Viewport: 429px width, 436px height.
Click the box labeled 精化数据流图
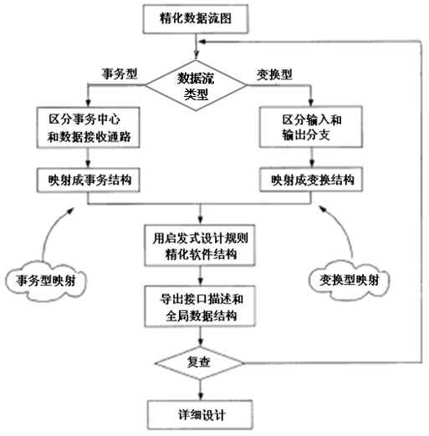(x=194, y=16)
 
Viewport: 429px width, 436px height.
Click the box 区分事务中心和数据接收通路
(x=88, y=126)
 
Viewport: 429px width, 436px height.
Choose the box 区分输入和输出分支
(x=312, y=126)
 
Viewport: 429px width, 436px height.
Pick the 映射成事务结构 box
(x=88, y=179)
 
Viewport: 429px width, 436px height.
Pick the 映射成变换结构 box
(x=312, y=179)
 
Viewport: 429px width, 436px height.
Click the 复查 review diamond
(x=194, y=364)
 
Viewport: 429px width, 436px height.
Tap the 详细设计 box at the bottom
(x=194, y=413)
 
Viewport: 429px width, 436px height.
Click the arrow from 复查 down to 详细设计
(x=194, y=389)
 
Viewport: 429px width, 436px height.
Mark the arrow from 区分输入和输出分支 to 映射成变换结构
(x=312, y=157)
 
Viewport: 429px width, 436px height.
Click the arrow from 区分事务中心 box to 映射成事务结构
(x=88, y=157)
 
